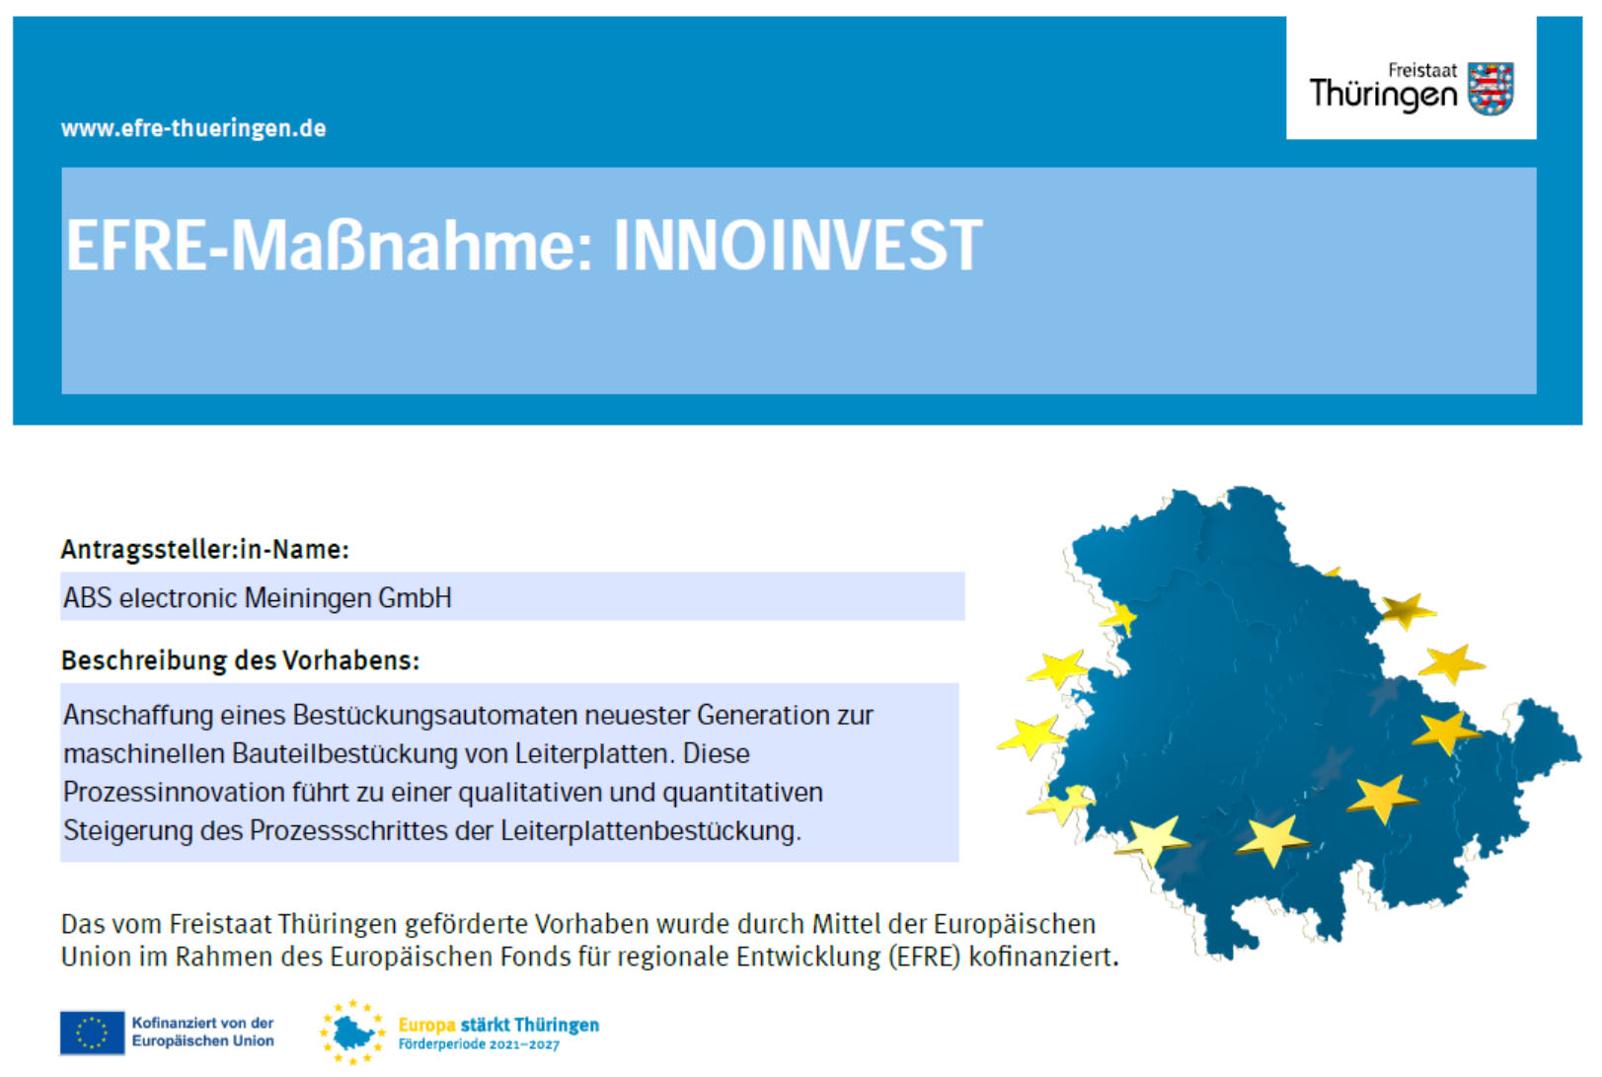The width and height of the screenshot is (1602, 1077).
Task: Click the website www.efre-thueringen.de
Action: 193,128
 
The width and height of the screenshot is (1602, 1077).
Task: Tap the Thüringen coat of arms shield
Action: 1489,89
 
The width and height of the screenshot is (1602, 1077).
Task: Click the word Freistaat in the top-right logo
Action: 1421,70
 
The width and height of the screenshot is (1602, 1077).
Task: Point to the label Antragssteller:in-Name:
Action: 205,550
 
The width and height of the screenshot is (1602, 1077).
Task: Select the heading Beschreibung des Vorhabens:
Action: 240,660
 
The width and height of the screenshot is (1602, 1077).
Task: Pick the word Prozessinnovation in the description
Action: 174,793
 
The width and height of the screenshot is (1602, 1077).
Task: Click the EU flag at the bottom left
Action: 92,1033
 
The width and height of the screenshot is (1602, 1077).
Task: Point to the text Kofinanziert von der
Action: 202,1024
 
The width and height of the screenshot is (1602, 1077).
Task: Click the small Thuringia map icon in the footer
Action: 352,1033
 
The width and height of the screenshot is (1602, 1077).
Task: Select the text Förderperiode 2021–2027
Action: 479,1044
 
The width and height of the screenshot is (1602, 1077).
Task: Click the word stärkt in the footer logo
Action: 485,1025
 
